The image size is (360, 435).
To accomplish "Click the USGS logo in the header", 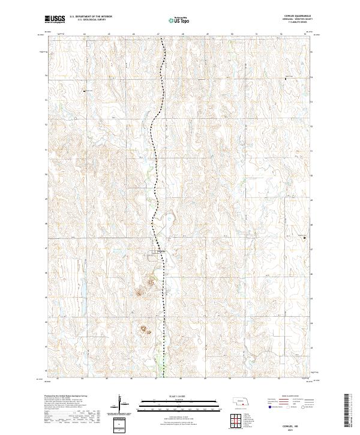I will (x=55, y=20).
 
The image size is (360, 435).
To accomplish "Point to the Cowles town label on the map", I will (x=161, y=251).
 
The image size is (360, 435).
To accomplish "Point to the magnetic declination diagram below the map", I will (x=121, y=405).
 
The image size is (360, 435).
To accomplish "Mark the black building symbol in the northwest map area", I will (x=85, y=91).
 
